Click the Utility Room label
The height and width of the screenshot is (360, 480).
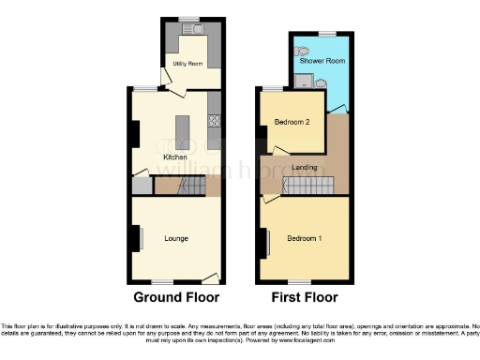[187, 64]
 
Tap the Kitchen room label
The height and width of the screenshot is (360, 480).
[175, 157]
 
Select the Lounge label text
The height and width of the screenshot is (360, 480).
[176, 238]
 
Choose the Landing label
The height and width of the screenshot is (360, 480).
[305, 167]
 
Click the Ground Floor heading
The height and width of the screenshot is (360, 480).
[176, 297]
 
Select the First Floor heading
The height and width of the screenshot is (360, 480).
[305, 297]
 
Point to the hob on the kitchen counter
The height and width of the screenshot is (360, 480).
[214, 120]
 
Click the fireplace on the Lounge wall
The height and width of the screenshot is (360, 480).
[136, 238]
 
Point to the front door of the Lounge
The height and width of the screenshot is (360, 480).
[210, 278]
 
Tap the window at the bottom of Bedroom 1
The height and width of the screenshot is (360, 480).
[300, 282]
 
